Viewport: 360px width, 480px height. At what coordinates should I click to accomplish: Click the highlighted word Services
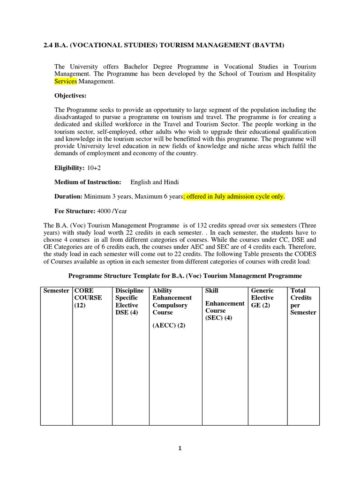[66, 82]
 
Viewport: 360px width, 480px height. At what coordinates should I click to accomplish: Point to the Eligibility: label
[70, 168]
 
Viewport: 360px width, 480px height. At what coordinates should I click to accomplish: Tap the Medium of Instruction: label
[88, 182]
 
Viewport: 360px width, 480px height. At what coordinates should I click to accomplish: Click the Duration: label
[68, 196]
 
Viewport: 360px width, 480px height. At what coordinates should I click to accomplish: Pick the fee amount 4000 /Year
[115, 211]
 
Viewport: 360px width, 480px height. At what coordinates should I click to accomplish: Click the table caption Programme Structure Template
[185, 276]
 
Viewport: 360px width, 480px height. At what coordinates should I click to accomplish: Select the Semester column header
[56, 291]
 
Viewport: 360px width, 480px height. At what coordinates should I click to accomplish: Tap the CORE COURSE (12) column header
[88, 298]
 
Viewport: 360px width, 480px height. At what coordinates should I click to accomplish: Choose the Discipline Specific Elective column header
[129, 301]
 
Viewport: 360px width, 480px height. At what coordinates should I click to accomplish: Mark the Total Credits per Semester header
[303, 301]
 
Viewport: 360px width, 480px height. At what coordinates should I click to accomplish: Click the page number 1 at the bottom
[180, 448]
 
